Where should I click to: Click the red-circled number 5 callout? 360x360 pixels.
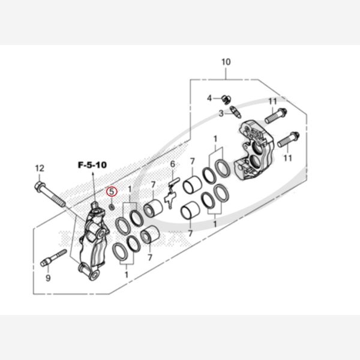coord(112,191)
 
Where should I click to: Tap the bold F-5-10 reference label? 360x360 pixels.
coord(92,165)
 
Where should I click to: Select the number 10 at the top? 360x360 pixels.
coord(226,62)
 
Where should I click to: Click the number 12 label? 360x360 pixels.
coord(40,168)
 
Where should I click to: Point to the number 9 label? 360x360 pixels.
coord(48,278)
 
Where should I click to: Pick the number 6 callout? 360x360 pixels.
coord(173,164)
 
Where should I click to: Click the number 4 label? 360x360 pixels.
coord(209,98)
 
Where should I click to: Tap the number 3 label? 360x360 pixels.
coord(221,113)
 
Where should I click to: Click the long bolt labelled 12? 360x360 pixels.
coord(50,194)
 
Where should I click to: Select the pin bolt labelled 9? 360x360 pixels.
coord(53,258)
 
